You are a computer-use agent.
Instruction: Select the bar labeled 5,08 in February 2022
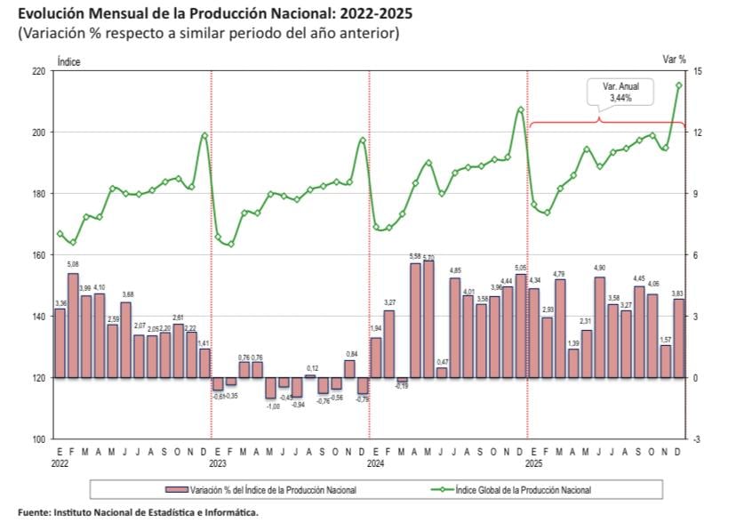pos(73,325)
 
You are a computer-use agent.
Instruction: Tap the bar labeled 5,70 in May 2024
pos(428,318)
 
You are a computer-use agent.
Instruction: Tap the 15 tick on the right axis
pos(699,71)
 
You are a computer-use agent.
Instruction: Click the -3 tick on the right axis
pos(699,439)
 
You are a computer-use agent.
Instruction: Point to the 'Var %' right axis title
pos(675,59)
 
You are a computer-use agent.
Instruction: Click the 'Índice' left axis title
pos(68,61)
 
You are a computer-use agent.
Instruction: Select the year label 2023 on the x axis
pos(219,463)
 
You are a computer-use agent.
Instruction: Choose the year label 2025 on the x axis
pos(533,463)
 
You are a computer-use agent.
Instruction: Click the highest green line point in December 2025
pos(679,85)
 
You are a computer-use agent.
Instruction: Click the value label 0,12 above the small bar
pos(311,368)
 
